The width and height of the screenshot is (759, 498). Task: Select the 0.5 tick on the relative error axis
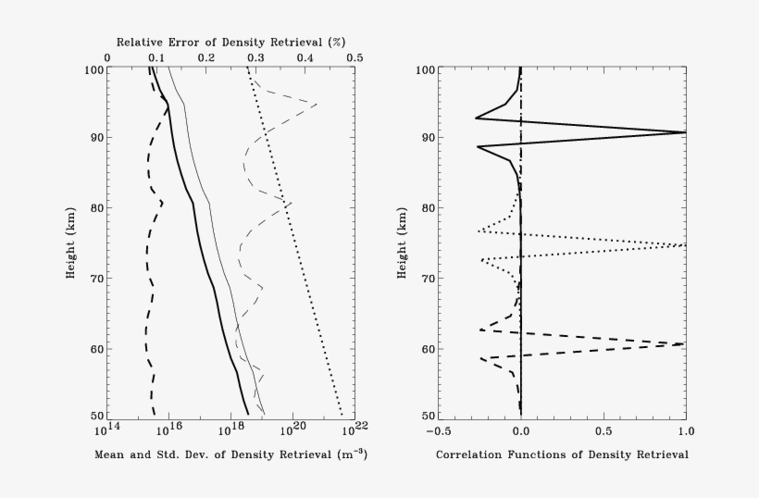click(355, 57)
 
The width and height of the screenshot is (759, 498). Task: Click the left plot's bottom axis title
click(230, 454)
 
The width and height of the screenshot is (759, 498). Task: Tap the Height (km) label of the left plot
click(70, 243)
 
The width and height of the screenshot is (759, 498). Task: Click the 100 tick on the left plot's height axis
click(93, 69)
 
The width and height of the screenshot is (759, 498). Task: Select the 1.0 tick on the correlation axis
click(684, 430)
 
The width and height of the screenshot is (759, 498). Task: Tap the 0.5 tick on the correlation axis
click(603, 430)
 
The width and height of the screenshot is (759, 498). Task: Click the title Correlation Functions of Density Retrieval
click(562, 454)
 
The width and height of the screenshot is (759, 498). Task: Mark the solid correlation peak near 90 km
click(685, 132)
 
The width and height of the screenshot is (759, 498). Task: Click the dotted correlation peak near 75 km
click(685, 245)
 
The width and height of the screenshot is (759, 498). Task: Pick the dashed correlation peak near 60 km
click(685, 343)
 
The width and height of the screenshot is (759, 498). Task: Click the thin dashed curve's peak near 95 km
click(317, 104)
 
